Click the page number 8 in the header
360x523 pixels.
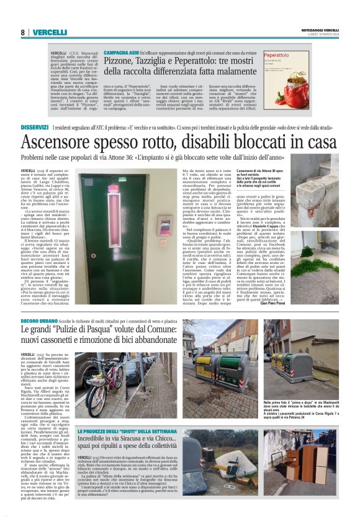23,32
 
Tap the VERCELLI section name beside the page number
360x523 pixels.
49,32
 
